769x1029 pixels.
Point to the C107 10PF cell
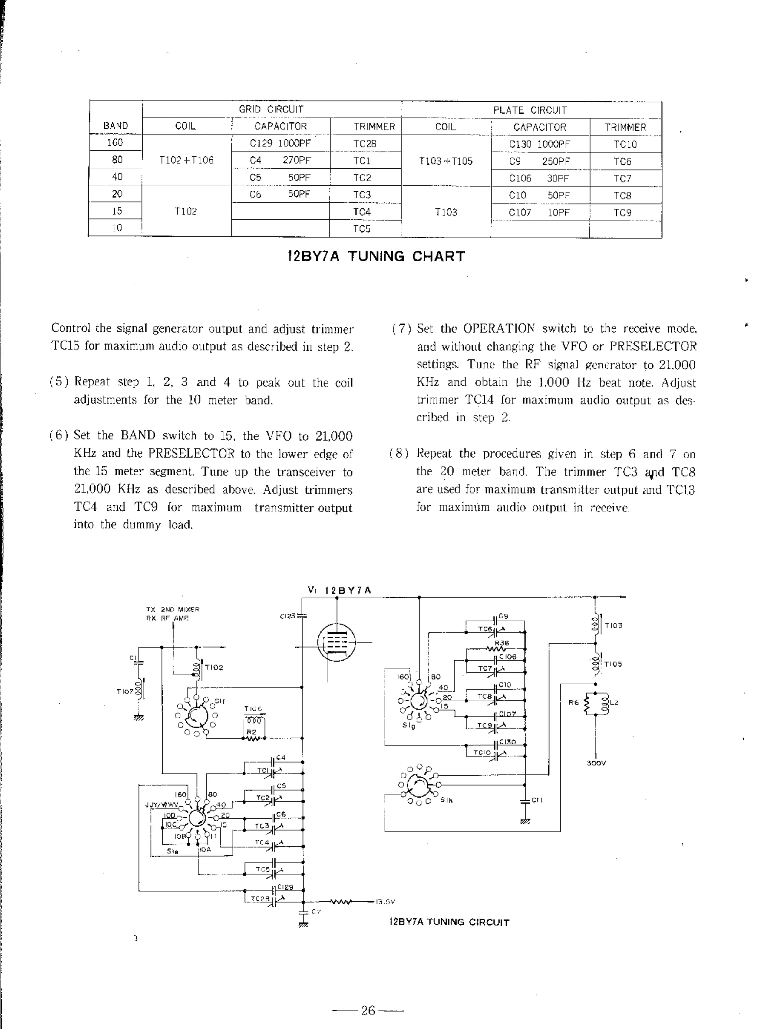coord(539,213)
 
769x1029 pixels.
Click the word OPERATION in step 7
coord(499,328)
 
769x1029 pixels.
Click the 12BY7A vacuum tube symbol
coord(336,642)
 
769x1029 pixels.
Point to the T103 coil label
coord(613,625)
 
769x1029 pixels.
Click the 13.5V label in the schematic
coord(385,901)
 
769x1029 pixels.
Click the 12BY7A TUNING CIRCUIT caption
coord(449,922)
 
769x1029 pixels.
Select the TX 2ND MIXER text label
coord(173,609)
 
